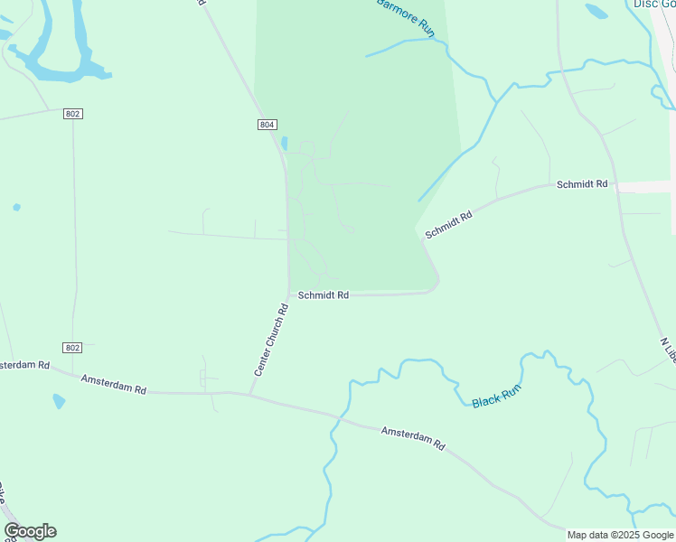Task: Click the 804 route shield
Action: pyautogui.click(x=266, y=125)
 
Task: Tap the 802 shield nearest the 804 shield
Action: pyautogui.click(x=73, y=113)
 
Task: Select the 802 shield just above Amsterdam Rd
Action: pyautogui.click(x=73, y=348)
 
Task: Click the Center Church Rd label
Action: pyautogui.click(x=270, y=340)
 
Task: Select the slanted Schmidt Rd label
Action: pyautogui.click(x=449, y=225)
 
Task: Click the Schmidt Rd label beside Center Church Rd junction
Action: pyautogui.click(x=324, y=294)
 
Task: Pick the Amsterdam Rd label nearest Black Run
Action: pyautogui.click(x=413, y=439)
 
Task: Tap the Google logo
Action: pyautogui.click(x=30, y=531)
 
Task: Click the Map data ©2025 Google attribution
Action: pyautogui.click(x=620, y=535)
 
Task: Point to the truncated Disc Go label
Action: pyautogui.click(x=653, y=4)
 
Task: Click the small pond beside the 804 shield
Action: pyautogui.click(x=284, y=143)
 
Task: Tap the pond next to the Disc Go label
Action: pyautogui.click(x=596, y=12)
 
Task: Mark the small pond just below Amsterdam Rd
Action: pyautogui.click(x=59, y=400)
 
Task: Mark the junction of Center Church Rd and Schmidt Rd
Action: pyautogui.click(x=289, y=294)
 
